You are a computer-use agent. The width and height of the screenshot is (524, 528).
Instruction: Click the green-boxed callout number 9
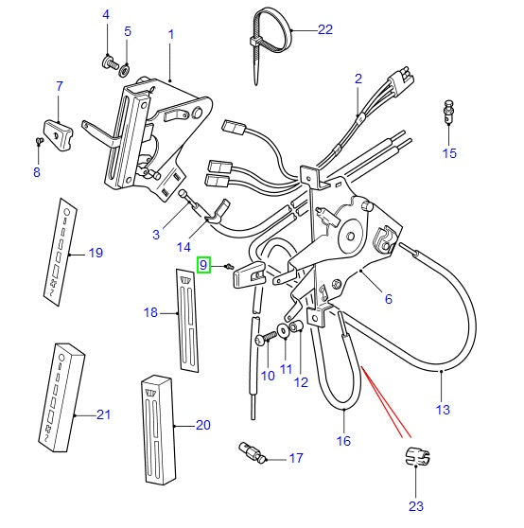(203, 265)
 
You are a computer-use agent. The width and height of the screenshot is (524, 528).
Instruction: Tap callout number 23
(416, 506)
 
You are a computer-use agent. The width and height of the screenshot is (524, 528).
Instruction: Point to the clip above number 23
(417, 457)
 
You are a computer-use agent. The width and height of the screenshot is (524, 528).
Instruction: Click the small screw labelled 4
(110, 62)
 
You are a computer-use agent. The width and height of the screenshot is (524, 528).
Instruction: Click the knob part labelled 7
(59, 134)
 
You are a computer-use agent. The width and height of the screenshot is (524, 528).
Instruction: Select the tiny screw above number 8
(39, 141)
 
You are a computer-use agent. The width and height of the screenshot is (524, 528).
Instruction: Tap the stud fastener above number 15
(448, 111)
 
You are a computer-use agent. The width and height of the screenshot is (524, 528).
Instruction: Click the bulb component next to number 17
(252, 453)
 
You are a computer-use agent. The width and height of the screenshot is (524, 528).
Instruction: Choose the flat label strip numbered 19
(60, 252)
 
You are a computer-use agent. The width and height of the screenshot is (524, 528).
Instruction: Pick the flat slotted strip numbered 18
(187, 320)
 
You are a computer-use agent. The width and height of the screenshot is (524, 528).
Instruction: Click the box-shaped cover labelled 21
(61, 397)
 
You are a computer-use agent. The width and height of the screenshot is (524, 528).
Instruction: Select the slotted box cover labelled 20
(158, 430)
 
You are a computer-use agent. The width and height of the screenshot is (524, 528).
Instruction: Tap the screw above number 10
(265, 338)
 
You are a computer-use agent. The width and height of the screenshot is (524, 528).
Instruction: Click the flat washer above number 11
(283, 330)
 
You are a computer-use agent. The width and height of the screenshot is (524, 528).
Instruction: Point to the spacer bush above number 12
(296, 326)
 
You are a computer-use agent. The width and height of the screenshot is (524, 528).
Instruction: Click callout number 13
(443, 410)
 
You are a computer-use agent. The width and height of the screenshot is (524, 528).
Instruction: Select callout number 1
(171, 34)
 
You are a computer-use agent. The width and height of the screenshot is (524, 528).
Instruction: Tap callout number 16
(343, 440)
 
